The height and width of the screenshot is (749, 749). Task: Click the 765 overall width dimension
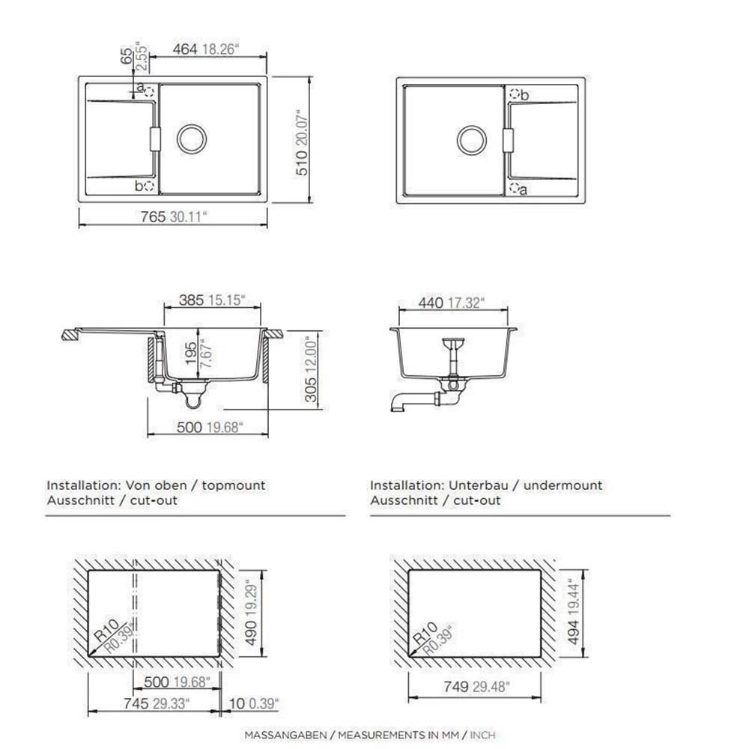tap(153, 216)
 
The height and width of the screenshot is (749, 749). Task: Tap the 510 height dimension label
tap(302, 163)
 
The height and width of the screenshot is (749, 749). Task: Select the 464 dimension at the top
tap(185, 49)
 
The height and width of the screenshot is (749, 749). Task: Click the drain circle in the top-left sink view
tap(192, 139)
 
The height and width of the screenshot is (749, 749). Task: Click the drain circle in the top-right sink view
tap(471, 141)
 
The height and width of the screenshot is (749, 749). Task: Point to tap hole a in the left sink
tap(149, 91)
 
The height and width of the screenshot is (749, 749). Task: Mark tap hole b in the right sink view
tap(515, 94)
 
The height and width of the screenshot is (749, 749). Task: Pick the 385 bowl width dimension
tap(191, 300)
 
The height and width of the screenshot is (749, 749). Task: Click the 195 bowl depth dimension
tap(191, 354)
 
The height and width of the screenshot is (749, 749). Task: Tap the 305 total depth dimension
tap(310, 389)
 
